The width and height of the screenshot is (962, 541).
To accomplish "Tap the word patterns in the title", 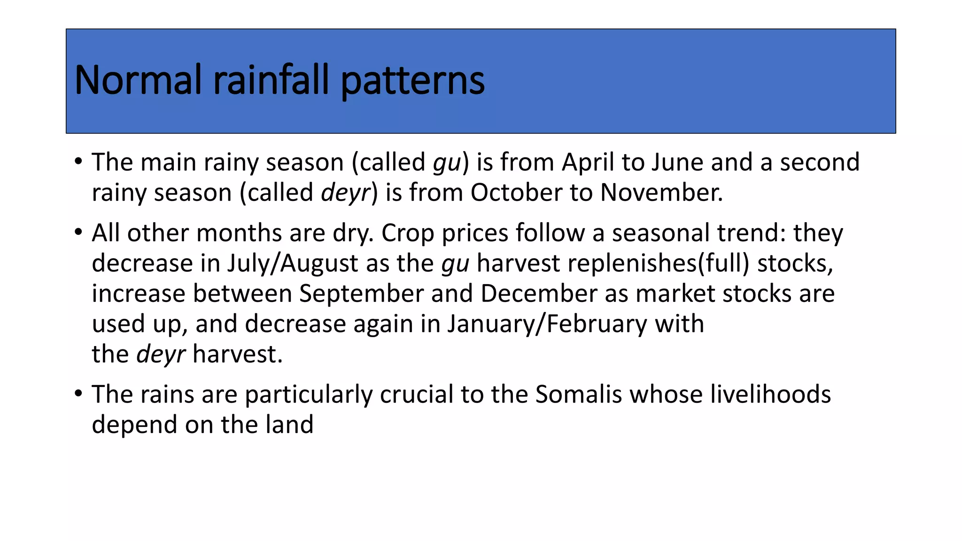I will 412,81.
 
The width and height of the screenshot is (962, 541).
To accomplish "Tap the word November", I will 661,193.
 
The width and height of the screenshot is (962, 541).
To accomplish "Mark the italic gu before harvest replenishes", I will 455,264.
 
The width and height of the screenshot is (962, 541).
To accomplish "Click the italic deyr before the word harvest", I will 161,355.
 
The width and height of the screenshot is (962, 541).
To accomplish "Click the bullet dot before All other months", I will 78,232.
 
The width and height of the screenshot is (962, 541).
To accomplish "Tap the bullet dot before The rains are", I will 78,393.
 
